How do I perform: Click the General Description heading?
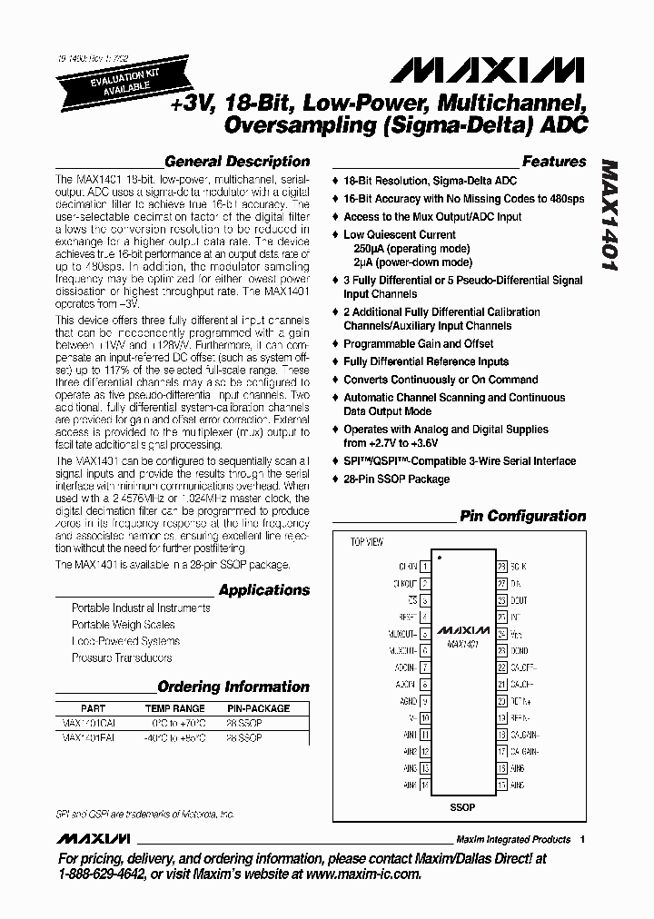(237, 162)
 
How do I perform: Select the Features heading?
(554, 162)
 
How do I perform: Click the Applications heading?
(264, 589)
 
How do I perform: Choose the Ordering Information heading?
(233, 687)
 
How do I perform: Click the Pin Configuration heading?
(523, 516)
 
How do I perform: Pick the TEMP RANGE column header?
(175, 708)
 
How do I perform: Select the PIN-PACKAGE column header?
(258, 708)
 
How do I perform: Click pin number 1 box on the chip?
(426, 566)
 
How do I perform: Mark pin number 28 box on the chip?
(501, 566)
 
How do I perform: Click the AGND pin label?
(408, 701)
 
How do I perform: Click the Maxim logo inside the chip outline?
(463, 628)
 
